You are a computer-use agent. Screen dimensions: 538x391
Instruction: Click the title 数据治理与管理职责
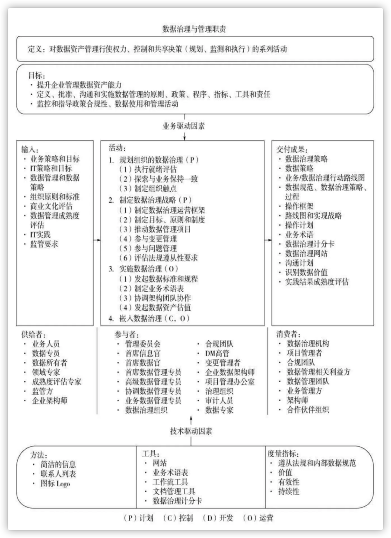(x=194, y=29)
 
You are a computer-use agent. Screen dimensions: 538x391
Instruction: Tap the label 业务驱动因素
(x=184, y=126)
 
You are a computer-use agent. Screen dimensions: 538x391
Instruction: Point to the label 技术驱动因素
(x=191, y=431)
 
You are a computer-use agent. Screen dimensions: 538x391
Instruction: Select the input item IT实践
(x=40, y=235)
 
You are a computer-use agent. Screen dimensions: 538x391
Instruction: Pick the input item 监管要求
(x=44, y=244)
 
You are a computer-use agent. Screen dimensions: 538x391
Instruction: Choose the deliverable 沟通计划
(x=299, y=263)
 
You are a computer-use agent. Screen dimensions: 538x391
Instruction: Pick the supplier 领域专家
(x=46, y=372)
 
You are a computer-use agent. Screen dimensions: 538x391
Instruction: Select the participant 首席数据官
(x=143, y=363)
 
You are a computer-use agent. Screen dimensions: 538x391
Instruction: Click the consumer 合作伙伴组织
(x=308, y=410)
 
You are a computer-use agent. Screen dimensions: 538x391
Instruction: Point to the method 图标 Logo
(x=55, y=483)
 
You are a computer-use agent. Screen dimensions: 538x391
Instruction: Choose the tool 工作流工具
(x=170, y=482)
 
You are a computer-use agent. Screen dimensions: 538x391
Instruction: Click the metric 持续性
(x=289, y=491)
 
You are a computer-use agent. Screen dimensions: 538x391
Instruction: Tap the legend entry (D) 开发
(x=218, y=518)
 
